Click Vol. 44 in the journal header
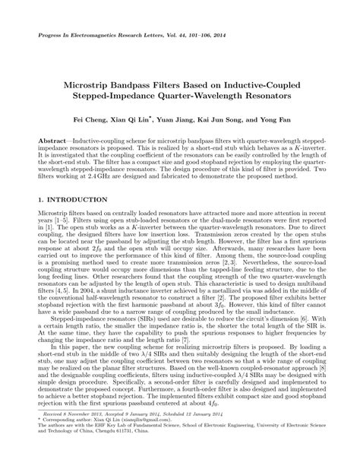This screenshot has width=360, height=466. [190, 36]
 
